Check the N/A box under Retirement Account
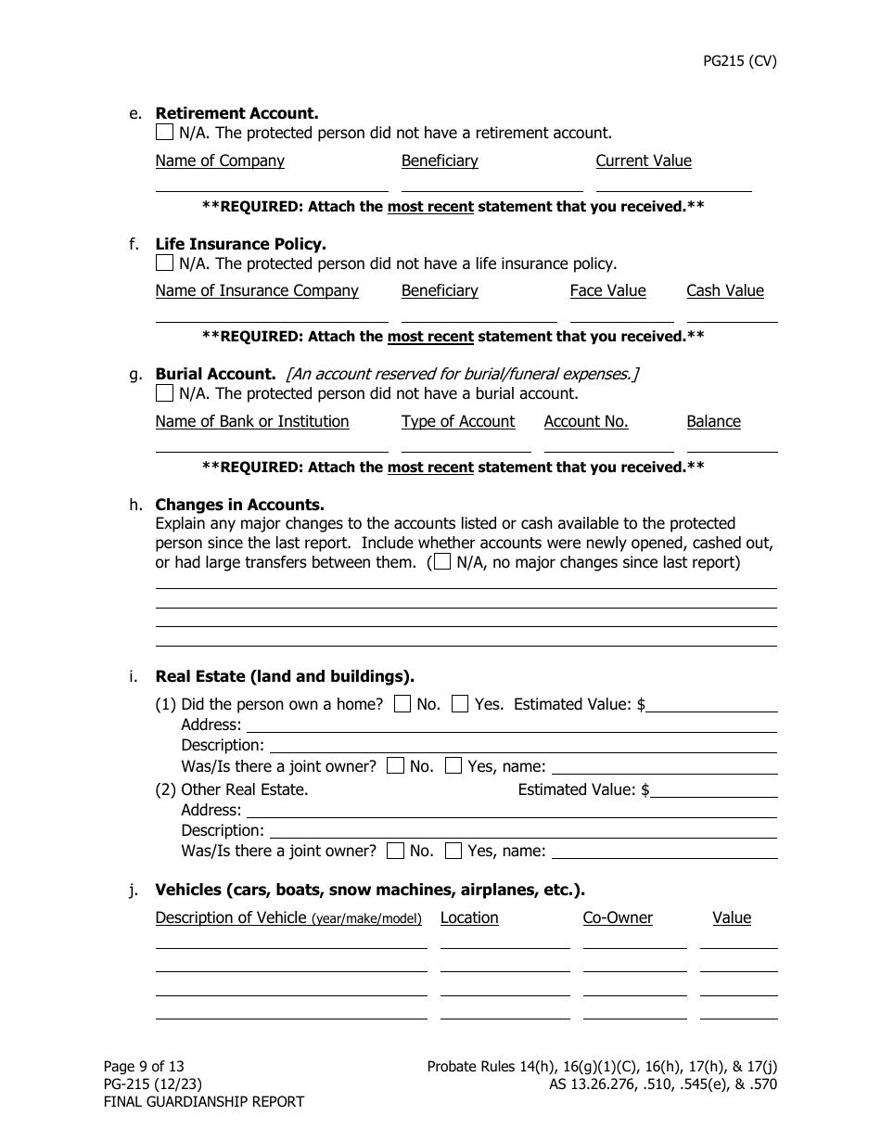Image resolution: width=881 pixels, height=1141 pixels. [x=164, y=133]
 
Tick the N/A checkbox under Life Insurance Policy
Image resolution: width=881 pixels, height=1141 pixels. [x=164, y=263]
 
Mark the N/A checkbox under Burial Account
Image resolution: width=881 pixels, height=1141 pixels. [x=164, y=393]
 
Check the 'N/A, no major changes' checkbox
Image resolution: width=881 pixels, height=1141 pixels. [x=443, y=562]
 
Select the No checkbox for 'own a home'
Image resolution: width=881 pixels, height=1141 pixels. [x=402, y=704]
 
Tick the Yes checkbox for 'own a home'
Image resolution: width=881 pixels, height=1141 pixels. [x=460, y=704]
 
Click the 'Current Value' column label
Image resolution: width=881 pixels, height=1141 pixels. [x=644, y=160]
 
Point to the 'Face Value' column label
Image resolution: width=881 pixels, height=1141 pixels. [x=607, y=290]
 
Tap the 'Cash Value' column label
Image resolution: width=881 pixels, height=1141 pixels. [x=724, y=290]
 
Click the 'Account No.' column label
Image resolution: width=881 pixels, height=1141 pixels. [x=586, y=421]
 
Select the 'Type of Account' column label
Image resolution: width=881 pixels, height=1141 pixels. [x=458, y=421]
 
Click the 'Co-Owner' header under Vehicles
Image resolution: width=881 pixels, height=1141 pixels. [x=618, y=917]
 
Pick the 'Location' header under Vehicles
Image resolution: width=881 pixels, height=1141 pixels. [x=469, y=917]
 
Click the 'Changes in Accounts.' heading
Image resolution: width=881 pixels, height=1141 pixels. [x=239, y=505]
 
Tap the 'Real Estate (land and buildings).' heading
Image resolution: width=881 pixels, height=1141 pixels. [x=285, y=676]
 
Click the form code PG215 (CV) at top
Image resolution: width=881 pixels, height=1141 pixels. [x=739, y=61]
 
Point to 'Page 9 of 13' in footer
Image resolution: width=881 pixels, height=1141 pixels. [x=144, y=1067]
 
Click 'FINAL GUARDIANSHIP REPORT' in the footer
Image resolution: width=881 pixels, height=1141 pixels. [x=203, y=1102]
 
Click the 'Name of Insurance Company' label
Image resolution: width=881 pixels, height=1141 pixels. [x=257, y=290]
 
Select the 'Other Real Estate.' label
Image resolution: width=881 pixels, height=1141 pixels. [x=245, y=789]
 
